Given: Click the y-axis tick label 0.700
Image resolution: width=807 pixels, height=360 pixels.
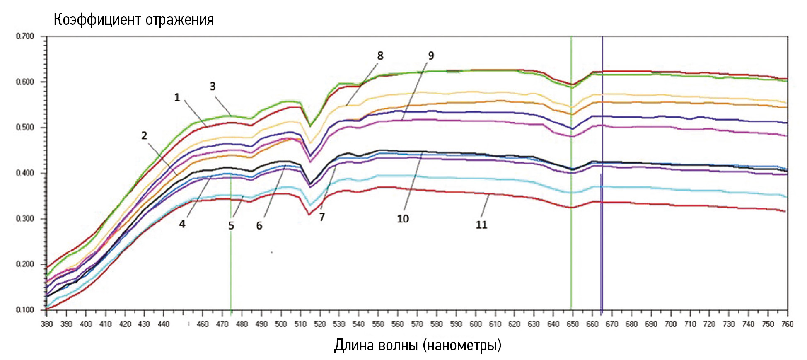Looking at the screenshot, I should [25, 36].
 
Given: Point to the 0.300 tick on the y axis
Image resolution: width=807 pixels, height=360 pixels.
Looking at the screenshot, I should [25, 219].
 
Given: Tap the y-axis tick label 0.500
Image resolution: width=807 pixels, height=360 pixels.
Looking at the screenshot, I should [25, 128].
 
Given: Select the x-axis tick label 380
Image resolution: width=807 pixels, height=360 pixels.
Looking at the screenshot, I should [47, 324].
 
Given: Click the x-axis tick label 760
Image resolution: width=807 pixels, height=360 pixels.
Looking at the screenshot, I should [787, 324].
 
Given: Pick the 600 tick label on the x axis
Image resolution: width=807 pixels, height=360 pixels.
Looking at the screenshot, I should [476, 324].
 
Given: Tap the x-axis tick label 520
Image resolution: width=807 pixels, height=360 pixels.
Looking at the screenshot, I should [320, 324].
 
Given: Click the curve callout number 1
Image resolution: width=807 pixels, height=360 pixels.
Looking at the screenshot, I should [177, 98].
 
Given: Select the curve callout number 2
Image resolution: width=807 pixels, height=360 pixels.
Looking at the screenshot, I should [144, 135].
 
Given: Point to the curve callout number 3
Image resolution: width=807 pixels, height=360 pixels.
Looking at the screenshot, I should [213, 87].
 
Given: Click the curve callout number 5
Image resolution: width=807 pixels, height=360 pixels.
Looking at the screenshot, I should [231, 226].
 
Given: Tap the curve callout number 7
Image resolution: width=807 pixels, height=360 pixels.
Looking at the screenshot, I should [322, 217].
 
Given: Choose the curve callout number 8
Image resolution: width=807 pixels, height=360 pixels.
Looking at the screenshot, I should [380, 56].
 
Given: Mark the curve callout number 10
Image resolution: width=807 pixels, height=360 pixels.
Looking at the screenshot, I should [403, 219].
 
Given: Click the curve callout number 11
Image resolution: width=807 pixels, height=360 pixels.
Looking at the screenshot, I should [481, 225].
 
